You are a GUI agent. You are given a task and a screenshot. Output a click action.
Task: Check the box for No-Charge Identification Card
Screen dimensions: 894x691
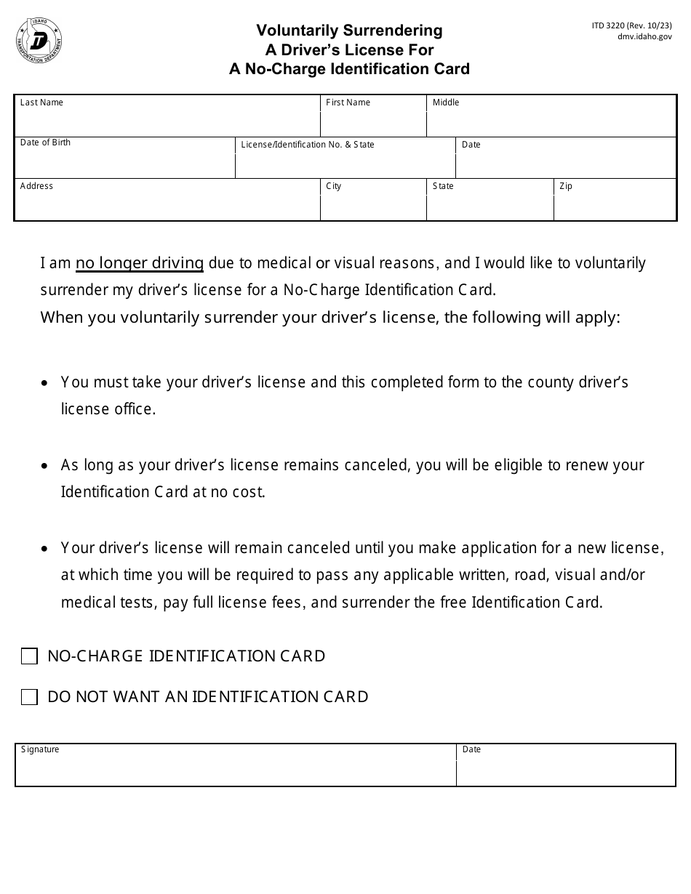click(x=29, y=657)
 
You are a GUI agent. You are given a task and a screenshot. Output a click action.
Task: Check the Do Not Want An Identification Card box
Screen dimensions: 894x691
click(x=29, y=698)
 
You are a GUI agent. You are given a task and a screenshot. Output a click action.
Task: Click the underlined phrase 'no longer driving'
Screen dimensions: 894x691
click(x=140, y=263)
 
